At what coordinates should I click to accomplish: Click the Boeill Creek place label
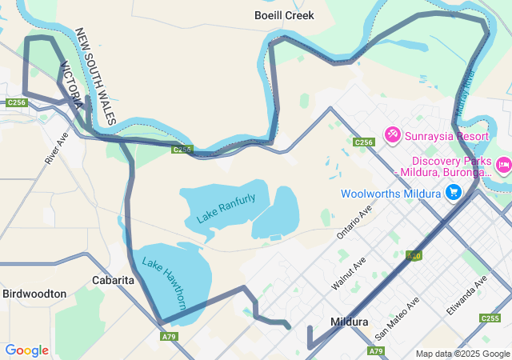pos(284,15)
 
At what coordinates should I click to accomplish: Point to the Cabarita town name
pos(113,280)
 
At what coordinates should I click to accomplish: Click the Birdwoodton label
pos(34,294)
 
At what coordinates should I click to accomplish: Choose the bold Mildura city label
pos(349,322)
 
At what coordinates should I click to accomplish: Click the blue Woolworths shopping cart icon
pos(454,193)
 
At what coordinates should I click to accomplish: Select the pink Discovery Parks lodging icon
pos(503,165)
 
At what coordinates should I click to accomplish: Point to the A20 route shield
pos(414,256)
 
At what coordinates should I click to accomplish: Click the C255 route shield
pos(490,318)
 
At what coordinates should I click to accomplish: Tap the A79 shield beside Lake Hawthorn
pos(169,337)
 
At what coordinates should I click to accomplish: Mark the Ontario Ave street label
pos(355,222)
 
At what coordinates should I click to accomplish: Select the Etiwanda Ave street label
pos(469,294)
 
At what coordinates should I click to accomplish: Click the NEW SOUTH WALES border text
pos(96,77)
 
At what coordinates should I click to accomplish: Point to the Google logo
pos(27,350)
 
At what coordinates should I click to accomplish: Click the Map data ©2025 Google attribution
pos(462,354)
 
